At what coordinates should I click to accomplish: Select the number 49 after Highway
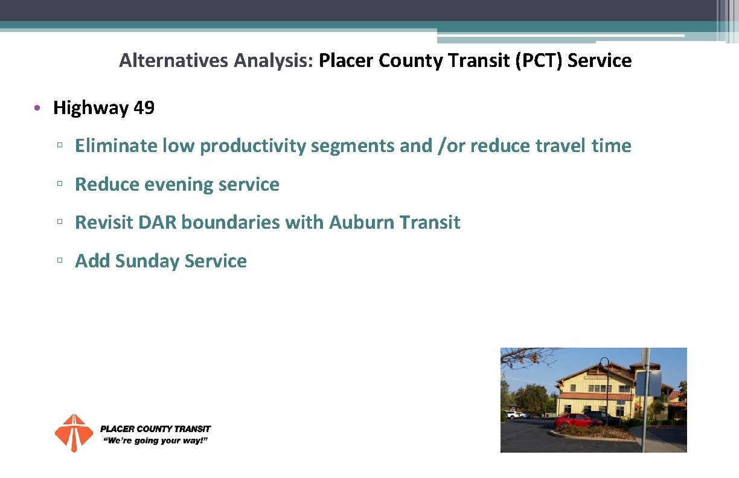pyautogui.click(x=144, y=108)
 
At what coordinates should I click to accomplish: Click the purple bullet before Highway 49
pyautogui.click(x=37, y=109)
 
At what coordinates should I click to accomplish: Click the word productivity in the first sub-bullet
pyautogui.click(x=253, y=146)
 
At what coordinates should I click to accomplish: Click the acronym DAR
pyautogui.click(x=158, y=223)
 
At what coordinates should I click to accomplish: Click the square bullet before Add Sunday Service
pyautogui.click(x=59, y=261)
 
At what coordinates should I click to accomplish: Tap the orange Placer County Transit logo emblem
pyautogui.click(x=74, y=433)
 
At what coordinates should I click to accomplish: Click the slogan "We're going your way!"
pyautogui.click(x=156, y=441)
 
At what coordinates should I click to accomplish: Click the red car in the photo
pyautogui.click(x=577, y=421)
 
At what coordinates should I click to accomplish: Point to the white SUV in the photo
pyautogui.click(x=515, y=415)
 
